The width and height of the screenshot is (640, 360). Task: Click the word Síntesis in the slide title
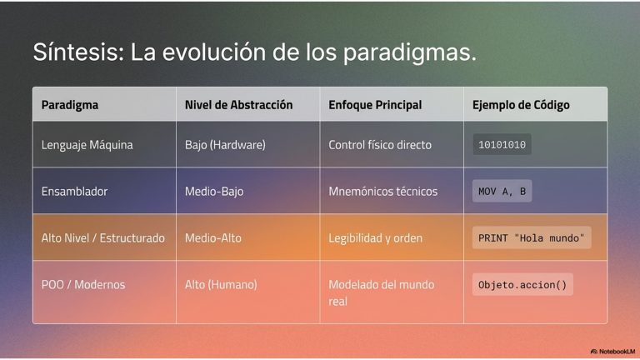tap(78, 52)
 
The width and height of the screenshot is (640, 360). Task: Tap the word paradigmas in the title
tap(409, 53)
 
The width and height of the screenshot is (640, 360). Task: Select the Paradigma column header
tap(70, 105)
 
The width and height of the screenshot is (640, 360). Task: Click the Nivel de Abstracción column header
tap(239, 104)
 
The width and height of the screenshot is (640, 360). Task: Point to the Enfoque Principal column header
tap(375, 105)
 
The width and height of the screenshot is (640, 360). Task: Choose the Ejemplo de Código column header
tap(521, 105)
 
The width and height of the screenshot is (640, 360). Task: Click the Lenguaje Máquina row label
tap(87, 145)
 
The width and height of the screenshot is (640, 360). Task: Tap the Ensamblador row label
tap(74, 191)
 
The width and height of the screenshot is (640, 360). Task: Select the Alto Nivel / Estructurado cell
tap(102, 237)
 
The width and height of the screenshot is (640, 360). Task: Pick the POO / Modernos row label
tap(83, 284)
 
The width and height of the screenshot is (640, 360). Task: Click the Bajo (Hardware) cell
tap(225, 144)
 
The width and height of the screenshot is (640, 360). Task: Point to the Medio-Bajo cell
tap(214, 191)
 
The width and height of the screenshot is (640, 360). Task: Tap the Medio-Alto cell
tap(213, 237)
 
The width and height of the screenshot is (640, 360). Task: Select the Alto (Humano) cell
tap(221, 284)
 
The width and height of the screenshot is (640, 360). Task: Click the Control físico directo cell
tap(380, 144)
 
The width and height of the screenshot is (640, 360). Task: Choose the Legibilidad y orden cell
tap(376, 238)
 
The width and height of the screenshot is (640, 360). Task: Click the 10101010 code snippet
tap(502, 144)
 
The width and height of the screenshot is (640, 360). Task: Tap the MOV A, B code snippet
tap(502, 191)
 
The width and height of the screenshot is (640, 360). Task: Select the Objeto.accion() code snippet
tap(522, 284)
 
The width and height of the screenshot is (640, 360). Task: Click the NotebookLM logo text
tap(612, 352)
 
